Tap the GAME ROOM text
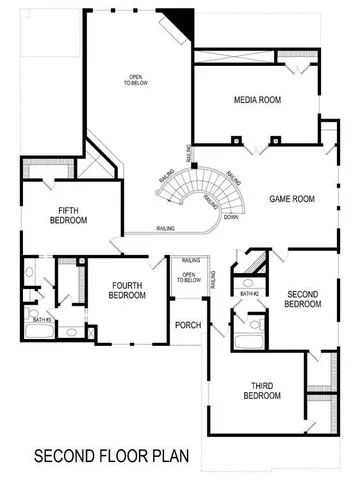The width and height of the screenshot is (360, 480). coord(292,199)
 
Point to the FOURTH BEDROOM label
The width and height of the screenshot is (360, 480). coord(127,290)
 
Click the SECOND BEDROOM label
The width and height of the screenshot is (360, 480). coord(302,299)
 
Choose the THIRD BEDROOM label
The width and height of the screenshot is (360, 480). coord(262,390)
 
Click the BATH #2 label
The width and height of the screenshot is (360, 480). coord(248,294)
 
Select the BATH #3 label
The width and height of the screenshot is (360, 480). coord(37,320)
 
